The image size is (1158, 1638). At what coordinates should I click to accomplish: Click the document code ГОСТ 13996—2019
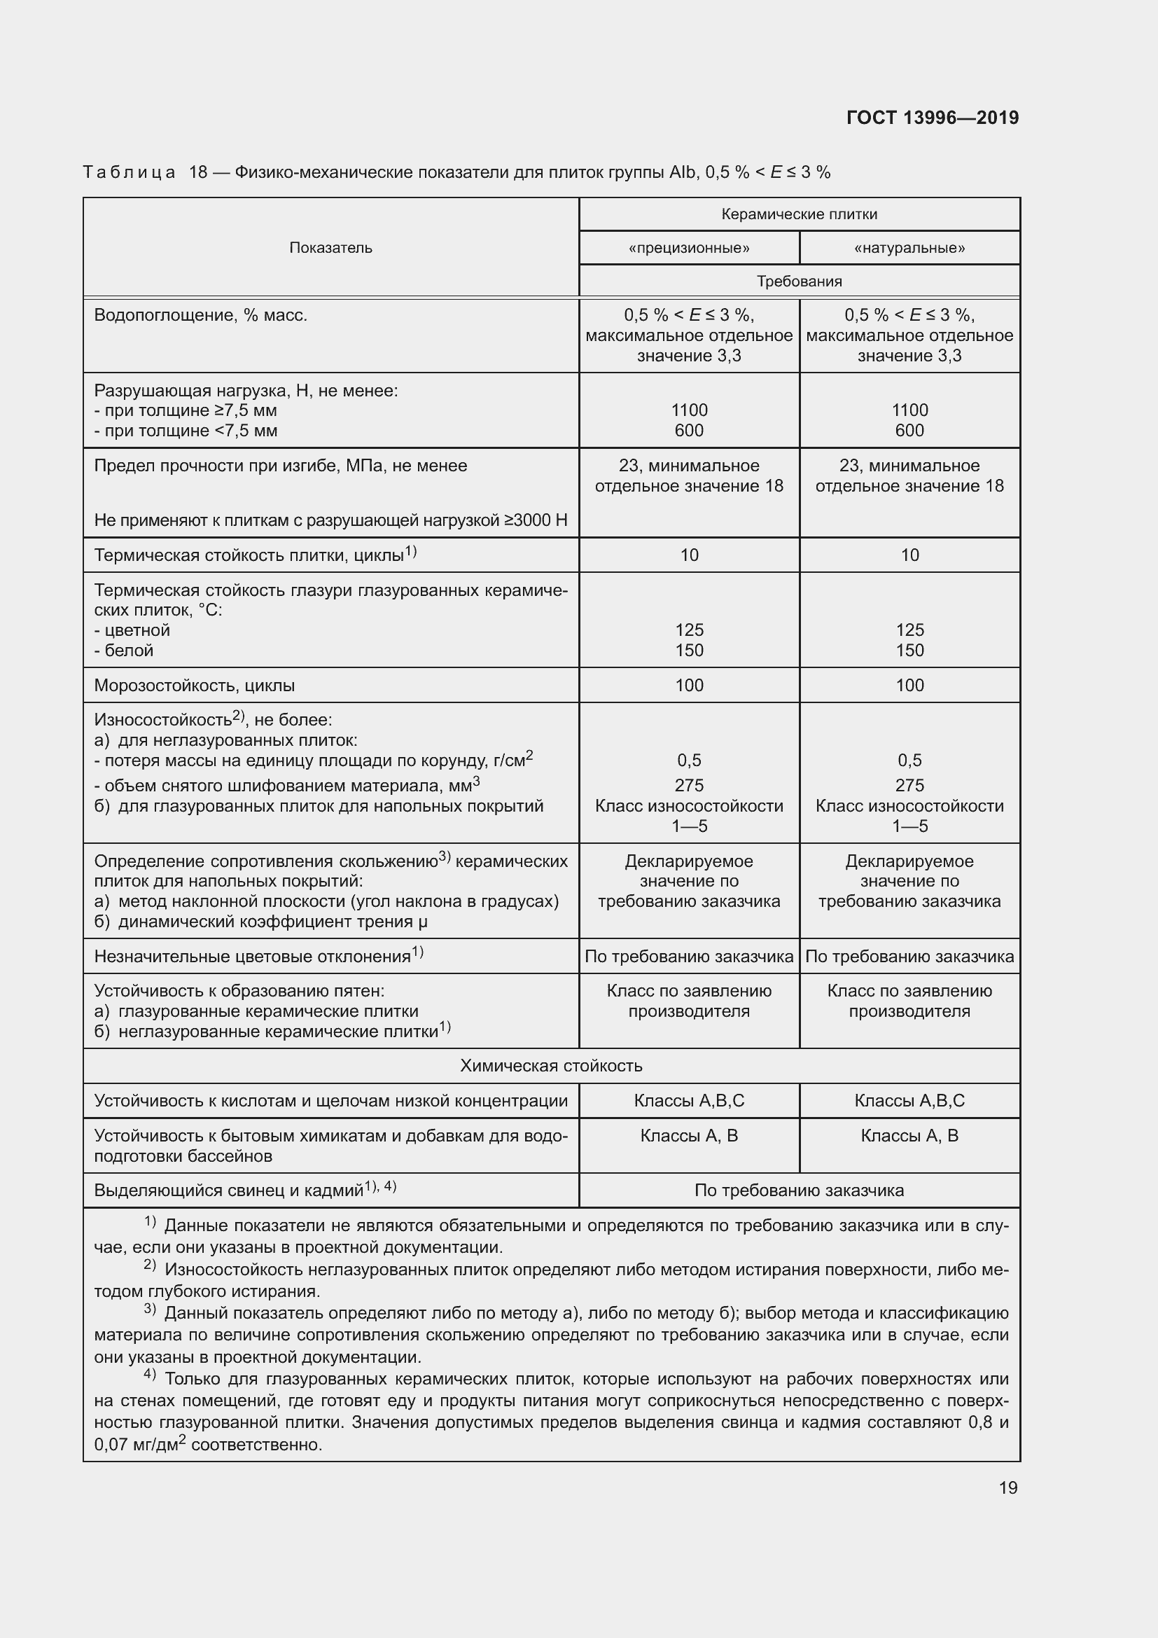click(x=932, y=118)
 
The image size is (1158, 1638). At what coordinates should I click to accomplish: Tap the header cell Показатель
click(x=331, y=247)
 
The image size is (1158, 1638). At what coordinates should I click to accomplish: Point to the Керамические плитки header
click(x=799, y=214)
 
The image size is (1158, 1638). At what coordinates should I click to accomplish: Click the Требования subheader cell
click(x=799, y=281)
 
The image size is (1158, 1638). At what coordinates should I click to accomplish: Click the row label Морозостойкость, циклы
click(x=195, y=686)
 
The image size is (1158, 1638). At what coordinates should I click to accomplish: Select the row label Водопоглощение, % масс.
click(x=200, y=315)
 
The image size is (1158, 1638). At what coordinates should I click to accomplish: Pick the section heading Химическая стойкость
click(x=550, y=1066)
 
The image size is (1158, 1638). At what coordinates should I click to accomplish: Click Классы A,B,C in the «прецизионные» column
click(x=689, y=1101)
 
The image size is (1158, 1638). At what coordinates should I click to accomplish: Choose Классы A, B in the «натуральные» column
click(x=909, y=1136)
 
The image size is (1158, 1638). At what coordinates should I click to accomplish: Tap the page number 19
click(x=1007, y=1487)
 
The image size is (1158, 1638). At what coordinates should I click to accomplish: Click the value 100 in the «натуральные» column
click(x=909, y=686)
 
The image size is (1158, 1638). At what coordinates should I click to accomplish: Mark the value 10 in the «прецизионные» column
click(x=689, y=555)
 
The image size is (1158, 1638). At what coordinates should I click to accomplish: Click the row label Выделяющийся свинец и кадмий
click(x=228, y=1191)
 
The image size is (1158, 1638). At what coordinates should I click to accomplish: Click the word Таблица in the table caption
click(x=129, y=173)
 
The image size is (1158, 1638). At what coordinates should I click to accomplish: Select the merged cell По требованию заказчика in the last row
click(x=799, y=1191)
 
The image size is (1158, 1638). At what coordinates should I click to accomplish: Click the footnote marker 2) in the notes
click(x=150, y=1265)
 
